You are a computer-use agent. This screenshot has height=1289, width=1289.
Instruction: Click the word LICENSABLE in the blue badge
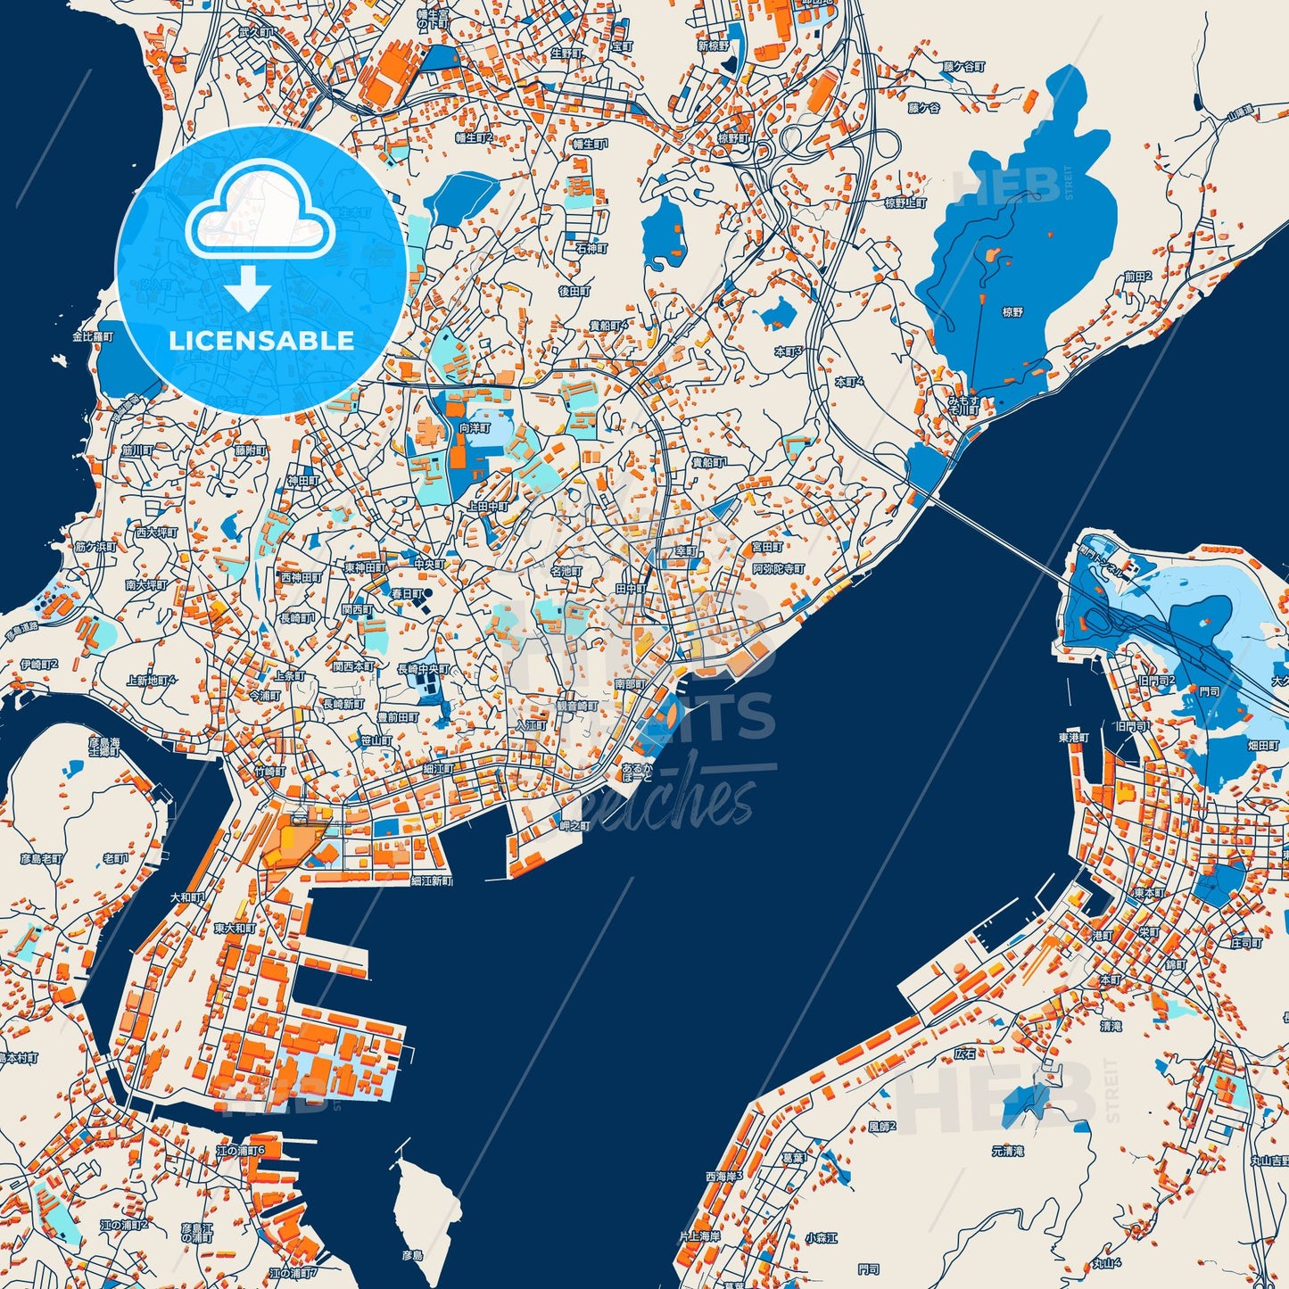pyautogui.click(x=261, y=341)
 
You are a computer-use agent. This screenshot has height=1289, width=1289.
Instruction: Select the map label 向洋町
pyautogui.click(x=475, y=428)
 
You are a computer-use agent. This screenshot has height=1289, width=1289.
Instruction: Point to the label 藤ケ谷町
pyautogui.click(x=964, y=67)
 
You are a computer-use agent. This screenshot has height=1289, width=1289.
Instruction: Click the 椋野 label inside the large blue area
pyautogui.click(x=1012, y=312)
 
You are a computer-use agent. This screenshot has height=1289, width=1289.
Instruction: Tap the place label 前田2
pyautogui.click(x=1137, y=277)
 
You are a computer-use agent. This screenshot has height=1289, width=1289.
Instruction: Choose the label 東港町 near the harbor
pyautogui.click(x=1074, y=738)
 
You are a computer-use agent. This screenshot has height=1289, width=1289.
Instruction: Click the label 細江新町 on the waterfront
pyautogui.click(x=431, y=880)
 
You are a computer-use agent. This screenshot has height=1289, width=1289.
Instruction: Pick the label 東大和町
pyautogui.click(x=235, y=929)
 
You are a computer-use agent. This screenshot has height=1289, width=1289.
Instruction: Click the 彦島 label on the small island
pyautogui.click(x=411, y=1255)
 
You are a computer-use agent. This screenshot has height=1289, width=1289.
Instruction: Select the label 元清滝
pyautogui.click(x=1007, y=1152)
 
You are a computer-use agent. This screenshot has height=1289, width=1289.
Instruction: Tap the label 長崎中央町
pyautogui.click(x=424, y=669)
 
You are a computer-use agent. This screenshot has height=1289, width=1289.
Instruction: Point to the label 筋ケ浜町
pyautogui.click(x=95, y=546)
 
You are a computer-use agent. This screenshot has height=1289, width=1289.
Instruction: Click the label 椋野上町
pyautogui.click(x=905, y=203)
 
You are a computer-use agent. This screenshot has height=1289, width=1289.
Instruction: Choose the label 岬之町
pyautogui.click(x=574, y=826)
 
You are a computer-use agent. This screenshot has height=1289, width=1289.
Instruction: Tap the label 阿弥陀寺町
pyautogui.click(x=778, y=569)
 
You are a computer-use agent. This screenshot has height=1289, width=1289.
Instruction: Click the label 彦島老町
pyautogui.click(x=41, y=859)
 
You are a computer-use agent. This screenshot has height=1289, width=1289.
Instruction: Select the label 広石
pyautogui.click(x=965, y=1054)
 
